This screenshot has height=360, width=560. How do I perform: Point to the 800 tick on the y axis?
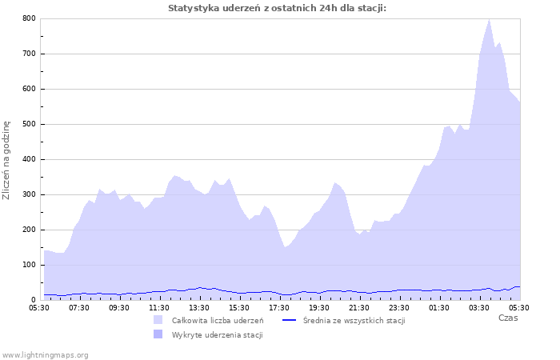click(29, 18)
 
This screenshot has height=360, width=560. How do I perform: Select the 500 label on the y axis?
click(29, 124)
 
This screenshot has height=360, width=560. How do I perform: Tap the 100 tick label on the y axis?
click(29, 265)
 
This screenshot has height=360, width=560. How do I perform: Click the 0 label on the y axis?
click(34, 300)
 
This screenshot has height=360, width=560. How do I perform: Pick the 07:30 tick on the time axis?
click(79, 307)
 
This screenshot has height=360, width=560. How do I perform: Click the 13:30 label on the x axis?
click(199, 307)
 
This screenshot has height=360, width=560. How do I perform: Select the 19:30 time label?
click(319, 307)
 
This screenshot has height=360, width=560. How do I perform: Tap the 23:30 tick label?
click(399, 307)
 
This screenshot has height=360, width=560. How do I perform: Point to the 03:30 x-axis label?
click(479, 307)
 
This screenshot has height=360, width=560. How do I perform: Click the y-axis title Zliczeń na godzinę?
click(7, 160)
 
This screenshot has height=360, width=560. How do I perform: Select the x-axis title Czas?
click(507, 318)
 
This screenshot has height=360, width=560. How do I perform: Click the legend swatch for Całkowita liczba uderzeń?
click(158, 320)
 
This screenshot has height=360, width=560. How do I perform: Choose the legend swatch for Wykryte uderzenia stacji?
click(158, 334)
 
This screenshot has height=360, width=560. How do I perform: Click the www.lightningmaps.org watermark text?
click(45, 354)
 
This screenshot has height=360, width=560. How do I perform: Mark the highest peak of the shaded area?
click(489, 19)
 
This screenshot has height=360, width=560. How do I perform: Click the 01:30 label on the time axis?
click(439, 307)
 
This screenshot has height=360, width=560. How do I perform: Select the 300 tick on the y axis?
click(29, 194)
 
